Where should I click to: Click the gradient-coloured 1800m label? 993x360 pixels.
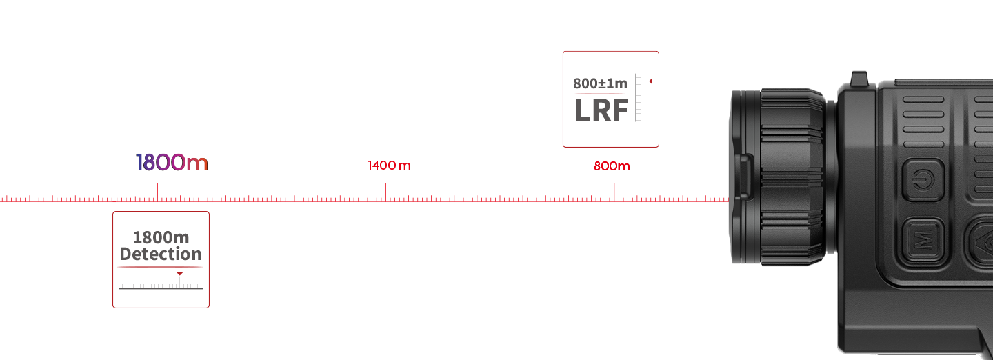[x=172, y=163]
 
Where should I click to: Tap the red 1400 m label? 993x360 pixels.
[x=389, y=166]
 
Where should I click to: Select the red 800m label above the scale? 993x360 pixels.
[x=612, y=166]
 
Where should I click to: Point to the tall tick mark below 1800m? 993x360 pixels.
[x=157, y=191]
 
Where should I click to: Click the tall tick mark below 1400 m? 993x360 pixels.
[x=385, y=191]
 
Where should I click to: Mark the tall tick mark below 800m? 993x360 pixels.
[x=614, y=191]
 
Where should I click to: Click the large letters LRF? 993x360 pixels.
[x=601, y=110]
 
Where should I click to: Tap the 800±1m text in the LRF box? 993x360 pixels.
[x=600, y=84]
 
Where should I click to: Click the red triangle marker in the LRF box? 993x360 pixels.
[x=650, y=81]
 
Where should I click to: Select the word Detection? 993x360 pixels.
[x=161, y=254]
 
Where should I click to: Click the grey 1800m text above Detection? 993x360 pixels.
[x=161, y=238]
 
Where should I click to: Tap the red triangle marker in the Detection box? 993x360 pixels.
[x=180, y=274]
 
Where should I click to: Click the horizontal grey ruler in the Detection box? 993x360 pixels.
[x=160, y=286]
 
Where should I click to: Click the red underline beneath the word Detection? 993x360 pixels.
[x=160, y=266]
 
